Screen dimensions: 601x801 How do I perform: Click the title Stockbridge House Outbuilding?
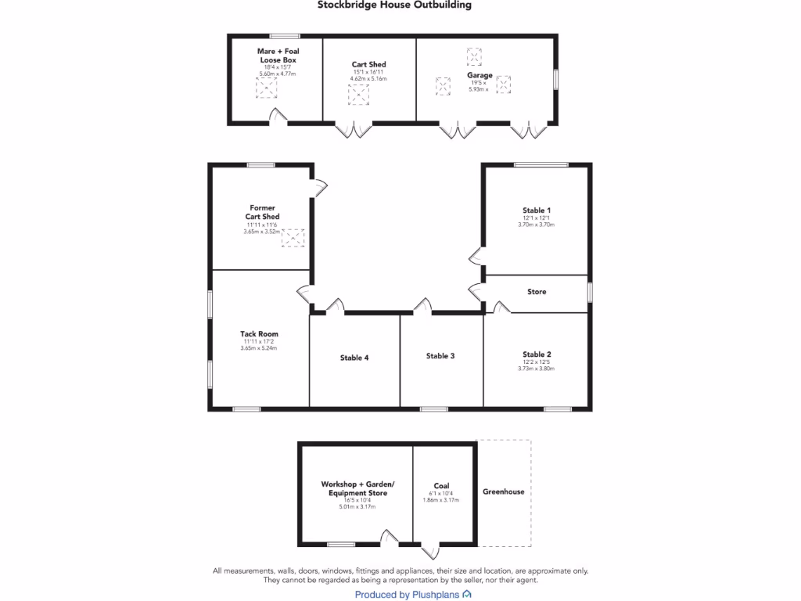coord(394,5)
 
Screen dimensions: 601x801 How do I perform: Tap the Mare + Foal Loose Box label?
coord(278,56)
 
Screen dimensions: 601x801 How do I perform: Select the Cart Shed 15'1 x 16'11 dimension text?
coord(368,73)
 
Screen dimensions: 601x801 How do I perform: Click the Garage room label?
coord(480,76)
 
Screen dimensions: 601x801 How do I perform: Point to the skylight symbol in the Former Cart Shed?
coord(293,238)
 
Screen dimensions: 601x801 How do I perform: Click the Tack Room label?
coord(260,334)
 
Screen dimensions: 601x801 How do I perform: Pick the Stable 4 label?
coord(354,358)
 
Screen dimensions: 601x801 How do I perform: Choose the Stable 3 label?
coord(440,356)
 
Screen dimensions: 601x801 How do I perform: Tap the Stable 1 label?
coord(537,211)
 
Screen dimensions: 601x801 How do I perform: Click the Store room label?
coord(537,292)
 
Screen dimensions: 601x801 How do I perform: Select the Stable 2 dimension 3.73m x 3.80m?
coord(536,369)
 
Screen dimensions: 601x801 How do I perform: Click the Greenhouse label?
coord(503,492)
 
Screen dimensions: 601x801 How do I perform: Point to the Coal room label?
coord(441,486)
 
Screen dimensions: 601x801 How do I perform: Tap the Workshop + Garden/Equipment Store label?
coord(357,489)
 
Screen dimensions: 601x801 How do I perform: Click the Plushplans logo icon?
coord(467,595)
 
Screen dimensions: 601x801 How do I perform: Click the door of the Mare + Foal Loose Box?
coord(278,117)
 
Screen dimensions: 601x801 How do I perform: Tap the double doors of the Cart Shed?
coord(354,130)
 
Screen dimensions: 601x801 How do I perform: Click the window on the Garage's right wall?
coord(555,80)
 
